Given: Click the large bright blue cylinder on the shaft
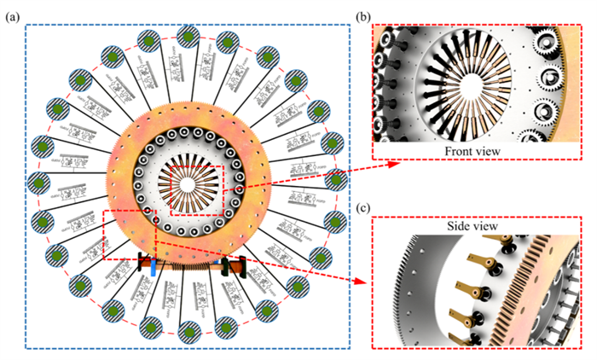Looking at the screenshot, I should [x=154, y=268].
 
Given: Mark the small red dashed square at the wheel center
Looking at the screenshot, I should [x=196, y=190].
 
